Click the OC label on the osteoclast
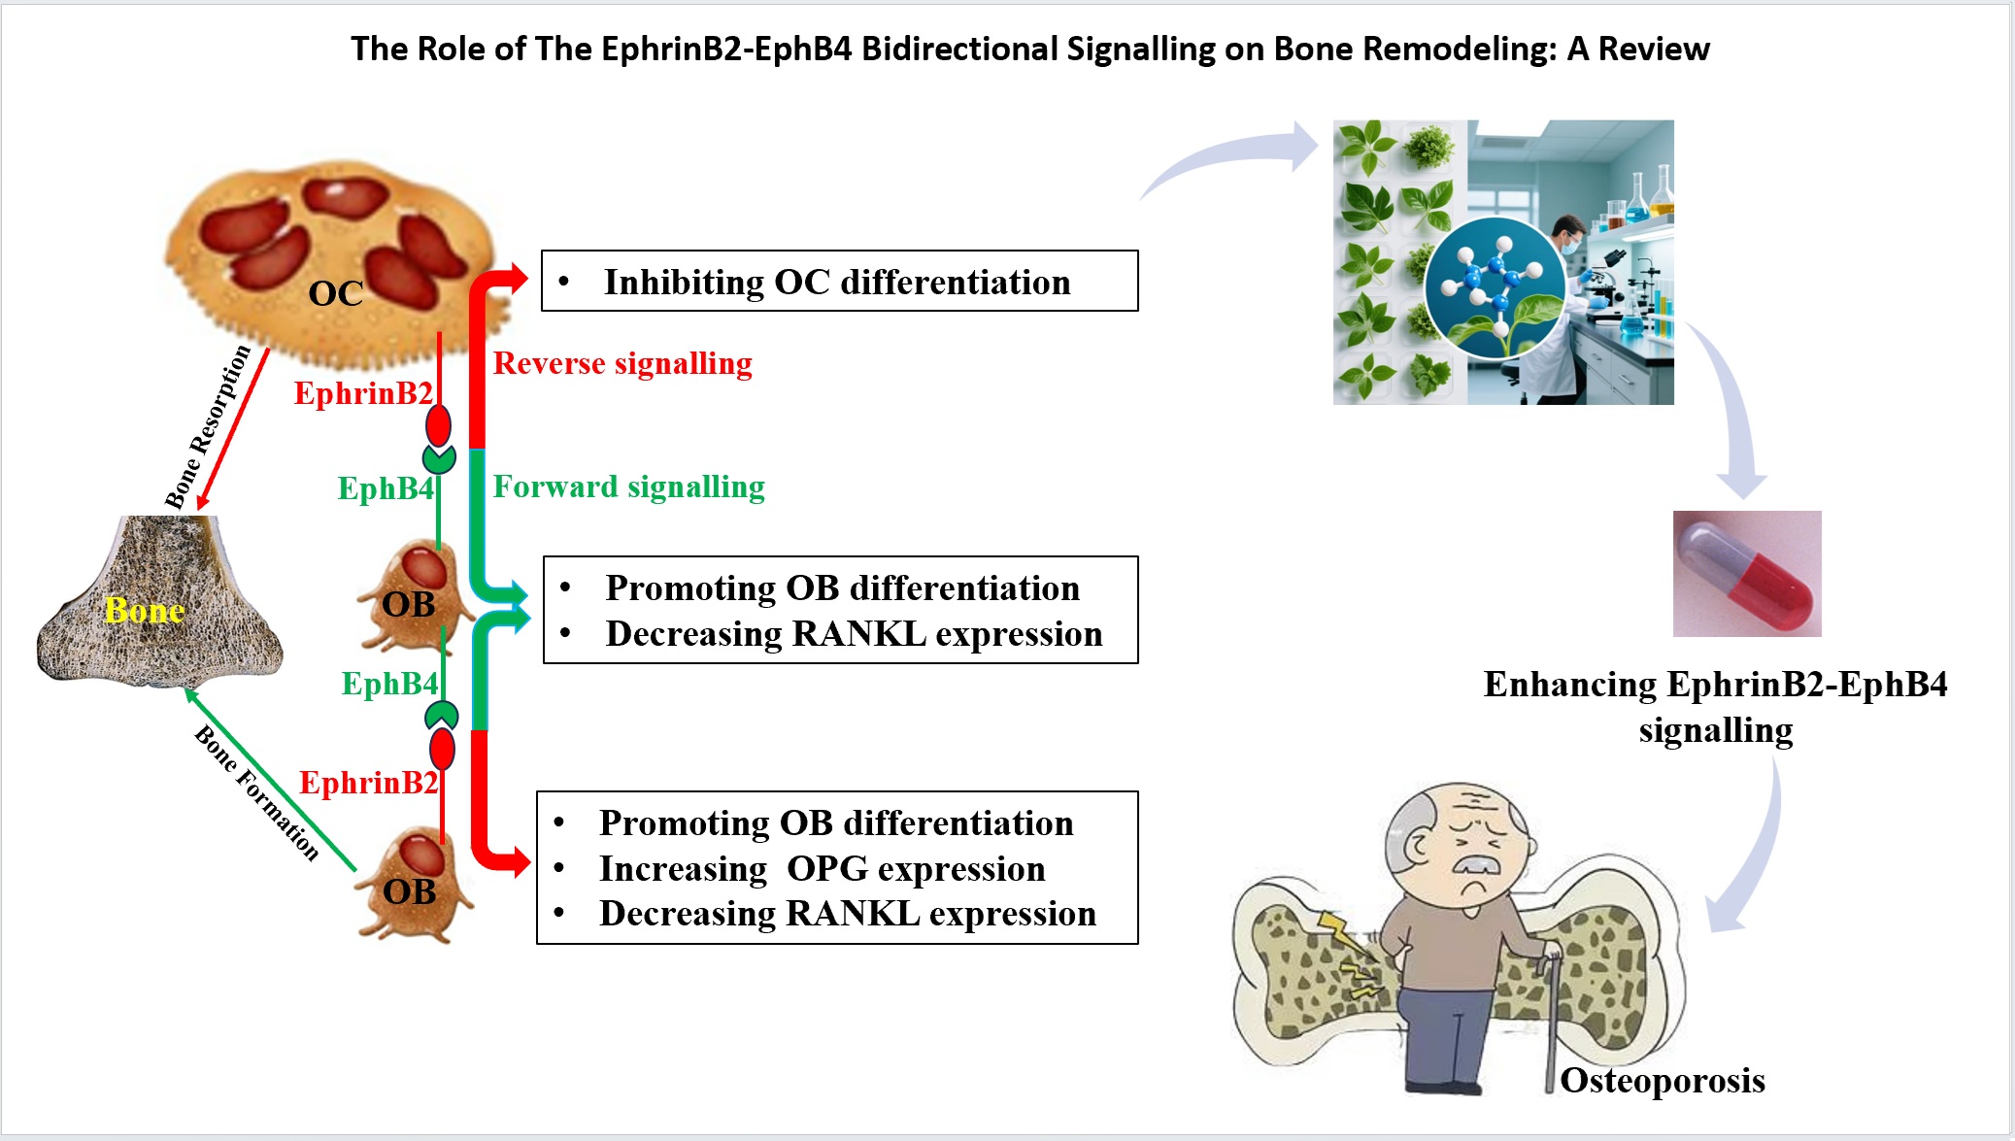click(x=335, y=293)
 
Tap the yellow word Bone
click(x=144, y=611)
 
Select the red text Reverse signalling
click(x=622, y=363)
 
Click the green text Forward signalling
click(x=628, y=487)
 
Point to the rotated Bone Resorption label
click(x=207, y=426)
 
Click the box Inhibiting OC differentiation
click(x=839, y=282)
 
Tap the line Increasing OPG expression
click(x=822, y=869)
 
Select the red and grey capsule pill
click(x=1747, y=574)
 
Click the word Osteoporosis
click(x=1662, y=1081)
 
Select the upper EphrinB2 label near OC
click(x=363, y=393)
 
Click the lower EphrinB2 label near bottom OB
click(x=368, y=783)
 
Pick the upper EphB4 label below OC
click(x=385, y=488)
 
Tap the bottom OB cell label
click(x=409, y=891)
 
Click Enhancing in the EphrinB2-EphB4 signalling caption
click(x=1570, y=685)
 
